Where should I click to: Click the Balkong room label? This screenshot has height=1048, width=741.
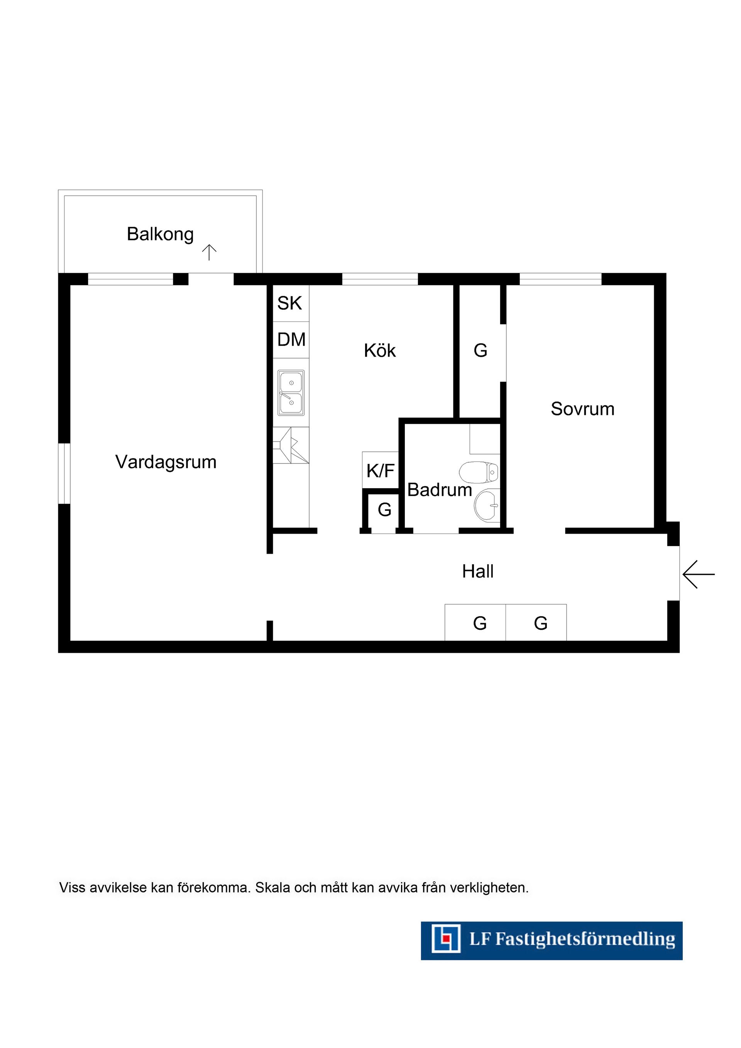coord(160,235)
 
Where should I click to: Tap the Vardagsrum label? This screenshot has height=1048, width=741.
coord(166,462)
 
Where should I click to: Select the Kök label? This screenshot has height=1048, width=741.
coord(380,350)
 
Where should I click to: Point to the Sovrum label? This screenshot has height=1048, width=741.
coord(583,409)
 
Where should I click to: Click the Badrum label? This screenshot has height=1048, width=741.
coord(439,490)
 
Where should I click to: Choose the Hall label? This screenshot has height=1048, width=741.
coord(477,571)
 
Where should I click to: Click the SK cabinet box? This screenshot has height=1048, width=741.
coord(291,303)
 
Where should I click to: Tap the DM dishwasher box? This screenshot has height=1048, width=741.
coord(291,340)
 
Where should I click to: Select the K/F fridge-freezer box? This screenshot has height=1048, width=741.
coord(380,470)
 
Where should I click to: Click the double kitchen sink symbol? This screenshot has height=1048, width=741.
coord(291,392)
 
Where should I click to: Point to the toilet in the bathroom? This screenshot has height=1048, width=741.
coord(479,472)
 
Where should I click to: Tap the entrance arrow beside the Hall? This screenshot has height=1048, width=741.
coord(699,574)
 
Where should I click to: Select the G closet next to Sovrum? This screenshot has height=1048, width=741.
coord(480,350)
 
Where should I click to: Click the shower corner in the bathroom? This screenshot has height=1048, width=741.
coord(485,439)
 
